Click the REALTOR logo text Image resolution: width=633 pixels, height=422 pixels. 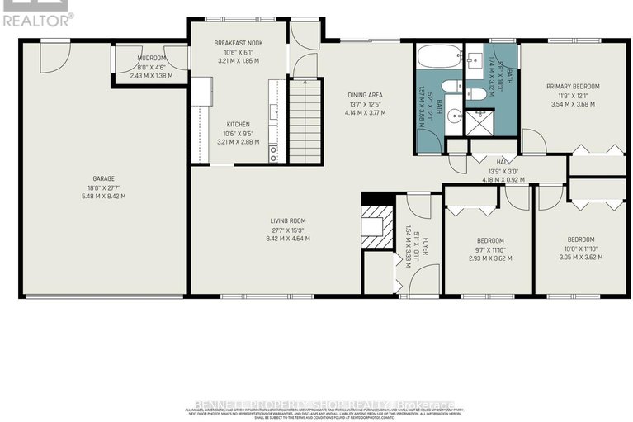(37, 16)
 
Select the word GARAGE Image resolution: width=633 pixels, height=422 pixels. (103, 178)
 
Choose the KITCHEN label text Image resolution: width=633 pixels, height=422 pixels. (238, 123)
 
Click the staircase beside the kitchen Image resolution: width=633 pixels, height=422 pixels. (305, 116)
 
